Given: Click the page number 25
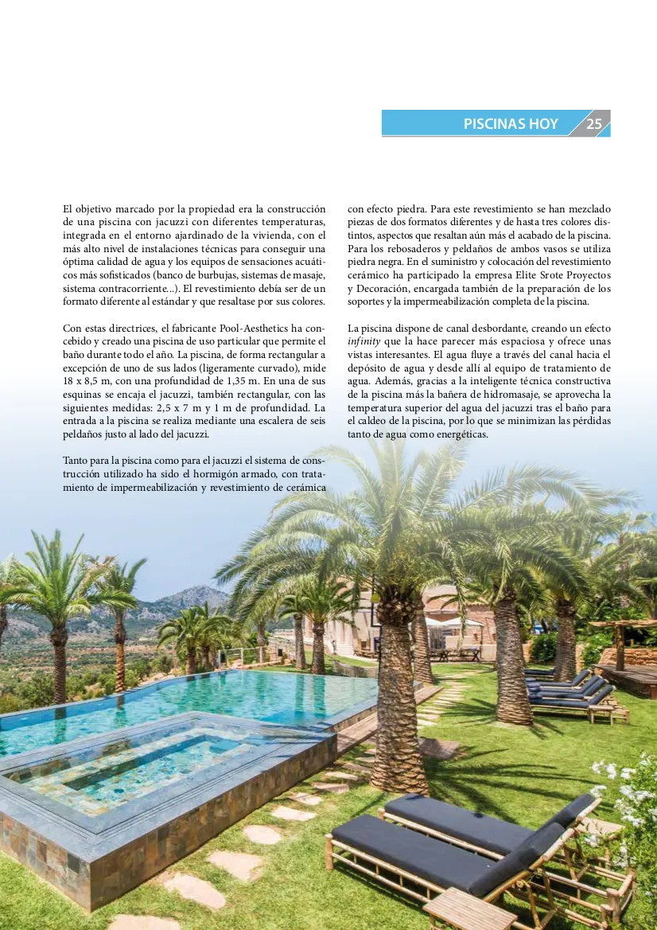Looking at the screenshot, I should [x=594, y=124].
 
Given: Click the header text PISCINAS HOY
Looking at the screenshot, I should [x=511, y=124].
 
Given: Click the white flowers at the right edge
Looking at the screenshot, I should [x=628, y=796].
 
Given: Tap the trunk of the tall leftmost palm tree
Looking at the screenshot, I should [x=58, y=660].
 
